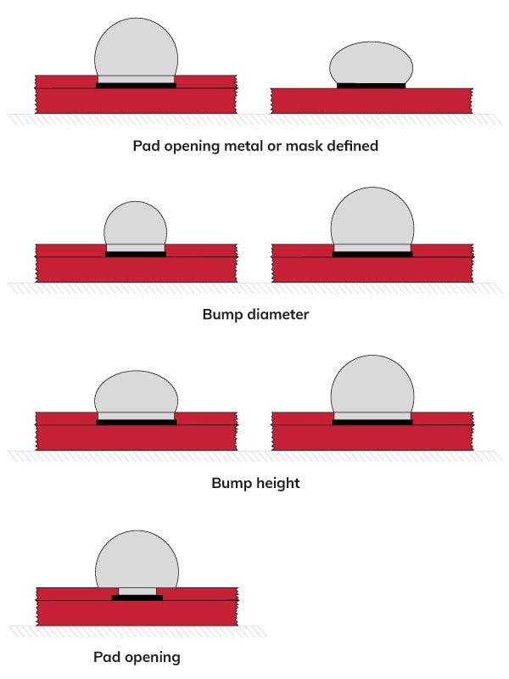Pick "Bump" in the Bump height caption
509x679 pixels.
[x=230, y=484]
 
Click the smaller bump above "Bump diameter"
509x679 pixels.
[x=135, y=224]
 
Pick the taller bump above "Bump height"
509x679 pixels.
[x=372, y=386]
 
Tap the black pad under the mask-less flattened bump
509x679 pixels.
[x=371, y=85]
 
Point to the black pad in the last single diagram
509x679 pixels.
[x=137, y=598]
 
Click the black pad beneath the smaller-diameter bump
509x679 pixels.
[x=136, y=254]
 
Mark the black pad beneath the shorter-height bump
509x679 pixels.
[x=136, y=422]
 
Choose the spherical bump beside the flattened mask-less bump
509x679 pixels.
[x=137, y=47]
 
